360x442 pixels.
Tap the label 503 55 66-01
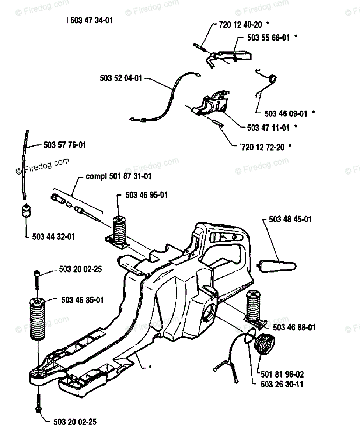(268, 38)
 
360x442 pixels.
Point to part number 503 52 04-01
(120, 78)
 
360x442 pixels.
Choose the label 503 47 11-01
(268, 128)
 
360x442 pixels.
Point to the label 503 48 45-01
(290, 220)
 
